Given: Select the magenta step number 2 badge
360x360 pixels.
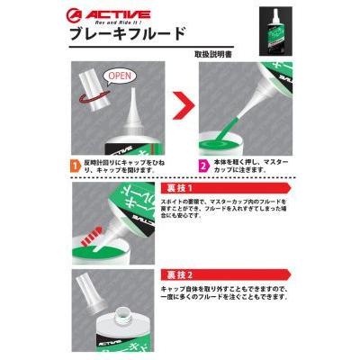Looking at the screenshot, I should click(x=203, y=166).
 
